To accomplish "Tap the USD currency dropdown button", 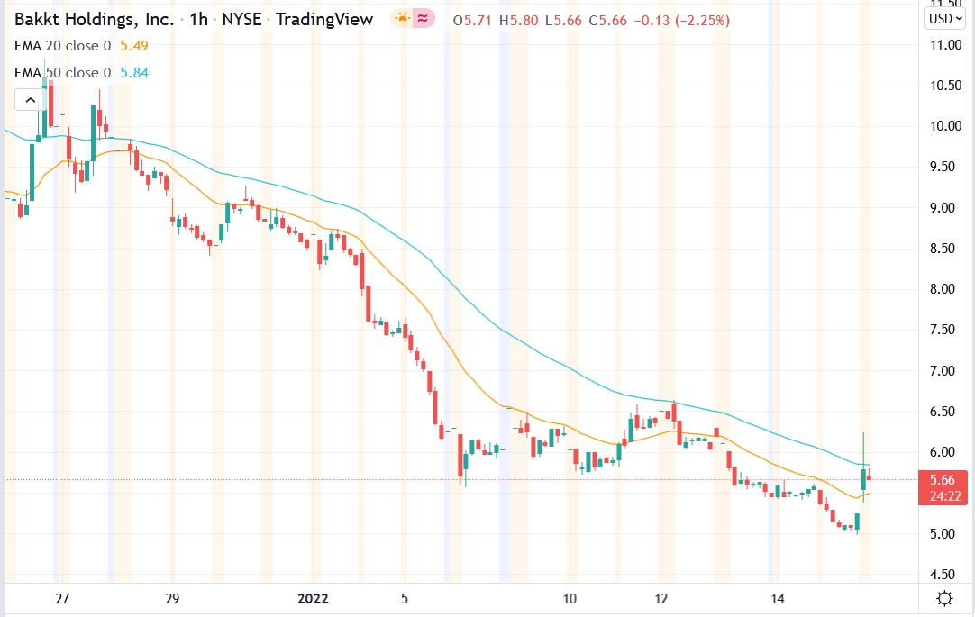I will (944, 18).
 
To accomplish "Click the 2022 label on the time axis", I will (314, 599).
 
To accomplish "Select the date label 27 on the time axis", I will (61, 599).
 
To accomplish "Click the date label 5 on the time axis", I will (405, 599).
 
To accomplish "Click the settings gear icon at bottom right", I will (944, 599).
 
